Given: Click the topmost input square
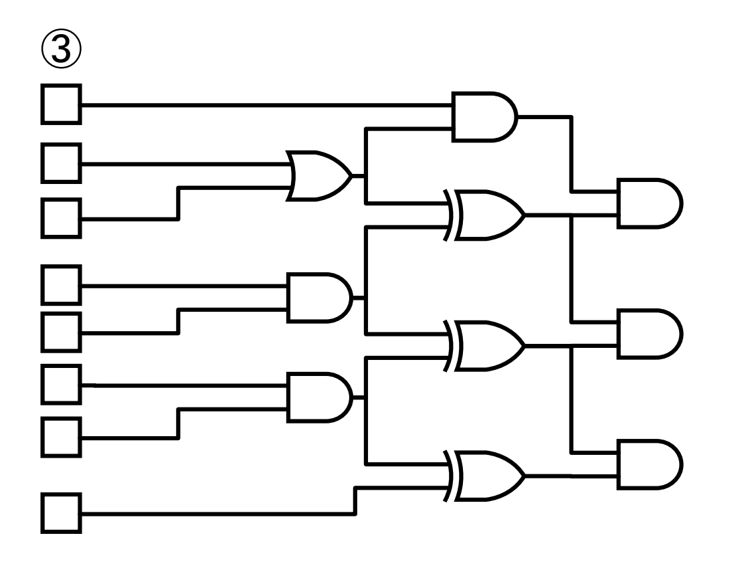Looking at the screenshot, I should point(62,104).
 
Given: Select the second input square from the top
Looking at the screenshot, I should point(62,163).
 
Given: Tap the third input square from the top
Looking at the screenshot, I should point(62,217).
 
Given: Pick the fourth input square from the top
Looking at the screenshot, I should point(62,285).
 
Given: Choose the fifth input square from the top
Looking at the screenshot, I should point(62,331).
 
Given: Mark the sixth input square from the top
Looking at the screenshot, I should point(62,385).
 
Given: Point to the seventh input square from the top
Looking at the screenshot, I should point(62,437).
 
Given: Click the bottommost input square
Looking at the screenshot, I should point(62,513).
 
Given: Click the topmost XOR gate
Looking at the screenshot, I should point(487,215).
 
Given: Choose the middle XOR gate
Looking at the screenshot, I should point(487,345).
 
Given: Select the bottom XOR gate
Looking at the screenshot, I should point(487,476).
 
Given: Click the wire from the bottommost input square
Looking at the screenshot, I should point(214,514).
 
